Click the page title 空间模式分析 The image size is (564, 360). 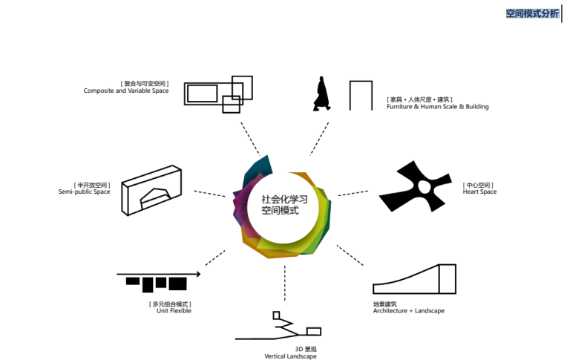[532, 13]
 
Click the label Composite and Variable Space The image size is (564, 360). [125, 91]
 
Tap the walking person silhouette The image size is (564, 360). [321, 94]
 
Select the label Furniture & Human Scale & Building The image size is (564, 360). [437, 107]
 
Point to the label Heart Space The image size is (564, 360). [479, 192]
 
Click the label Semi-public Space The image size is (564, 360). [84, 192]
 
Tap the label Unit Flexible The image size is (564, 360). [174, 311]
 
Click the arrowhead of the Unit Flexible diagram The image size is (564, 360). [198, 275]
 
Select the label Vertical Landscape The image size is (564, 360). [290, 356]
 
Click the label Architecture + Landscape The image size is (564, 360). [408, 311]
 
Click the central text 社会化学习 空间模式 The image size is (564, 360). [280, 205]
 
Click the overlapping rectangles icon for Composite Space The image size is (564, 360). [214, 94]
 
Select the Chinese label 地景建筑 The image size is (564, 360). [384, 304]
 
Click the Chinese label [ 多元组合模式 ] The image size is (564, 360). [170, 304]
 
